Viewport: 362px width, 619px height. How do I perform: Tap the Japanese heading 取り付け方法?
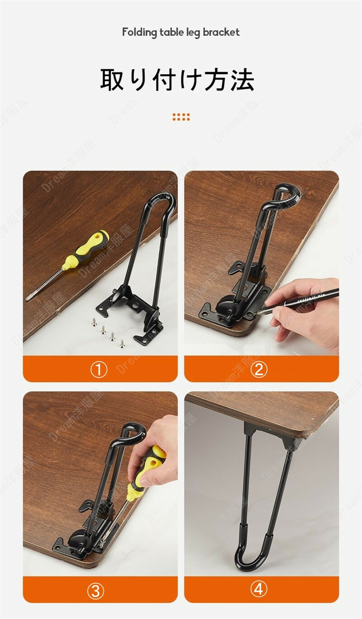(x=177, y=80)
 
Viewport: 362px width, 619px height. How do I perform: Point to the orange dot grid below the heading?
(x=181, y=117)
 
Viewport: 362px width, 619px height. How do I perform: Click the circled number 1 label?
(x=99, y=370)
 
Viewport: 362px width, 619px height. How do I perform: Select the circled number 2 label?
(x=259, y=369)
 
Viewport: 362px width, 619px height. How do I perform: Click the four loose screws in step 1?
(x=108, y=333)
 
